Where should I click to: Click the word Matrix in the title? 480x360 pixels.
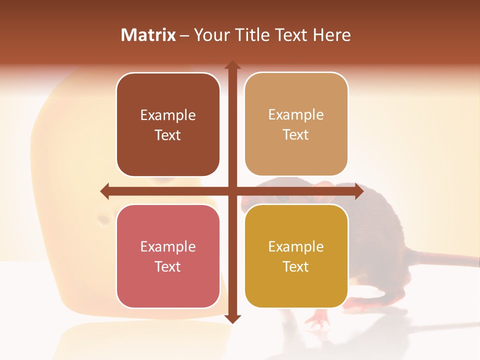coord(148,35)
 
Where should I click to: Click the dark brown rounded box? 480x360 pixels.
coord(168,125)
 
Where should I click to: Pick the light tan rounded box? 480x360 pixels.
coord(296,124)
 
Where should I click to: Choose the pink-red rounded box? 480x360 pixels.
coord(168,256)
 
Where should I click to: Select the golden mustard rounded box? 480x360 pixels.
coord(296,256)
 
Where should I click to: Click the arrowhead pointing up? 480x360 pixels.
coord(232,65)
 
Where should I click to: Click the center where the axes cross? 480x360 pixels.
coord(232,191)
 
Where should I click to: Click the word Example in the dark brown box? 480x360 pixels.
coord(168,115)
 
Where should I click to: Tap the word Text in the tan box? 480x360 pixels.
coord(296,135)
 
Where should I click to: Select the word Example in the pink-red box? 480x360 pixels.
coord(168,247)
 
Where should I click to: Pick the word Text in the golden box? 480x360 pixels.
coord(296,267)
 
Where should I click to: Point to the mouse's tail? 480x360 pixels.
coord(440,257)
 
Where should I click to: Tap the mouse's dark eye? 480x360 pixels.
coord(284,199)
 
